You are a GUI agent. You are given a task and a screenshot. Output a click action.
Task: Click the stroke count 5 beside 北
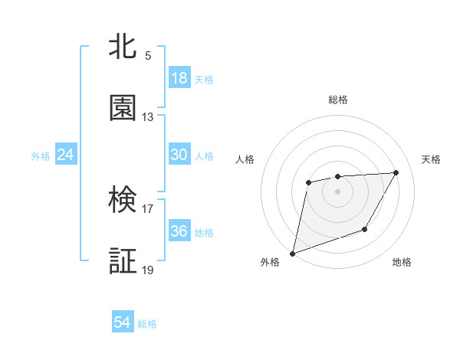click(x=148, y=56)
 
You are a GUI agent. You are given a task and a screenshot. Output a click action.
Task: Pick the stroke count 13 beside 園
click(x=148, y=117)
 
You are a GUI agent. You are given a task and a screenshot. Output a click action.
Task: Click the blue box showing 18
click(x=179, y=78)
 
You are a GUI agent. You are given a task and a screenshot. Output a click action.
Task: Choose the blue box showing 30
click(x=179, y=155)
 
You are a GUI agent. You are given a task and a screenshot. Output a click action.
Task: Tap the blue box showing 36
click(x=179, y=231)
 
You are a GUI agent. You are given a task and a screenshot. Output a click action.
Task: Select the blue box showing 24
click(x=66, y=155)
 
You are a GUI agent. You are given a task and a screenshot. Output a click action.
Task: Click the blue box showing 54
click(x=123, y=322)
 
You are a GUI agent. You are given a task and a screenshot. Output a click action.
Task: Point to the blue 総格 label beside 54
click(x=147, y=324)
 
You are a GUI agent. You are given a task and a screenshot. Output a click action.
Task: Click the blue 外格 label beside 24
click(x=41, y=155)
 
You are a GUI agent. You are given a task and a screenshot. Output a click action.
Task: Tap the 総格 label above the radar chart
click(x=338, y=100)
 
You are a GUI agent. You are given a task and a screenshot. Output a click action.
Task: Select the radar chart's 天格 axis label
click(x=432, y=159)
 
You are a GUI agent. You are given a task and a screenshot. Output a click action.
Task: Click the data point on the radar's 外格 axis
click(x=293, y=253)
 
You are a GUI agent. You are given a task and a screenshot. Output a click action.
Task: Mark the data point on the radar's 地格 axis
click(x=366, y=229)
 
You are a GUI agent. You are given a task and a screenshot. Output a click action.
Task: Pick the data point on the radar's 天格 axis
click(x=396, y=172)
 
